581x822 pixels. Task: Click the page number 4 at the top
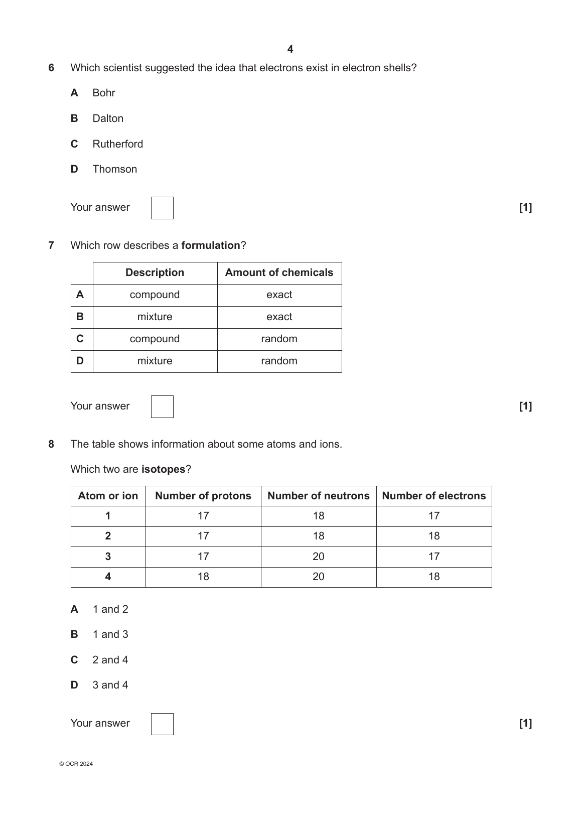(290, 49)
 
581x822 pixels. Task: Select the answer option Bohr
(104, 93)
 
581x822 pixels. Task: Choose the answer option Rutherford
(117, 144)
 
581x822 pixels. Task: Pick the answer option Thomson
(114, 169)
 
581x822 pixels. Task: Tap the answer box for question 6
(162, 208)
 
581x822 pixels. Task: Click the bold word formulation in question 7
(211, 245)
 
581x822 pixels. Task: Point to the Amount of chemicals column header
(279, 272)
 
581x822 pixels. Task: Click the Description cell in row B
(155, 317)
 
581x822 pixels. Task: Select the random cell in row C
(279, 339)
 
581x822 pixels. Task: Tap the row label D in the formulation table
(80, 361)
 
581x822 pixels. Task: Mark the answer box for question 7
(162, 406)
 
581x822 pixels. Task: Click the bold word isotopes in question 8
(163, 469)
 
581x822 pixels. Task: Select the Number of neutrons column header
(318, 496)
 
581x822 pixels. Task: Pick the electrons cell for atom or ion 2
(433, 536)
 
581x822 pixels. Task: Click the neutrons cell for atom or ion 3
(318, 557)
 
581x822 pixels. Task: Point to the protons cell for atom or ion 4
(203, 577)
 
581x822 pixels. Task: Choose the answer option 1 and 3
(110, 634)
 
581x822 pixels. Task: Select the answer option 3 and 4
(110, 685)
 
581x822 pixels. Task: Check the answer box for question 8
(162, 724)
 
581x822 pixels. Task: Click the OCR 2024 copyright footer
(76, 764)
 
